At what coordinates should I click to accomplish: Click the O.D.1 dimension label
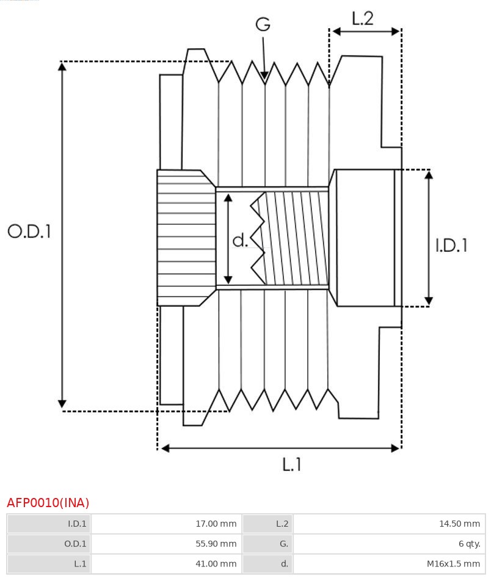29,231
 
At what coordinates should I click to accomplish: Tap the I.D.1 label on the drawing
451,245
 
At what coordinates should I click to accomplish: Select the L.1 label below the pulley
292,465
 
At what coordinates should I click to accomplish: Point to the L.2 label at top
362,19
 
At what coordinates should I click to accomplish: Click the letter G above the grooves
263,24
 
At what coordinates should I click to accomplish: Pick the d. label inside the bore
240,241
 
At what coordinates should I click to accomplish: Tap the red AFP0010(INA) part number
48,503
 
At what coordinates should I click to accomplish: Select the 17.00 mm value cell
166,524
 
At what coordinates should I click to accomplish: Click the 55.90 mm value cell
166,544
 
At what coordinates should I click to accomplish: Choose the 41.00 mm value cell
166,564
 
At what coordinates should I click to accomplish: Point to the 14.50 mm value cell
389,524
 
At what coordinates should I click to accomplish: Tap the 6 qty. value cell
389,544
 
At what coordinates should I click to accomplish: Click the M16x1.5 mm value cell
389,564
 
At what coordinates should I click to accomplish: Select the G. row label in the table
267,544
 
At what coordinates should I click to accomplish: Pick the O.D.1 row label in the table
49,544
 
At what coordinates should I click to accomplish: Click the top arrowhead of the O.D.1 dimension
62,66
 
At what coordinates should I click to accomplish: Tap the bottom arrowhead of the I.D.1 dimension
429,301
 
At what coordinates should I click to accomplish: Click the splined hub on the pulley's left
186,238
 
